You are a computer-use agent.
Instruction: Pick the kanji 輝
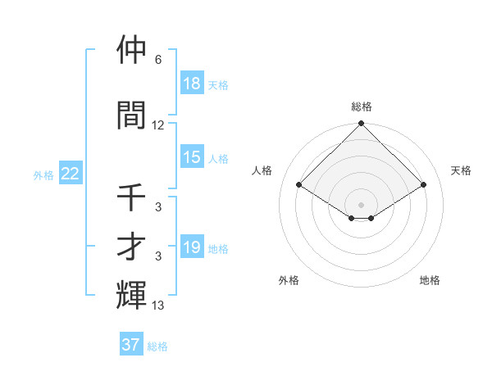coord(132,295)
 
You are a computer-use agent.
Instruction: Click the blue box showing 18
coord(192,84)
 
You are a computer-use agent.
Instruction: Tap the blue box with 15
coord(192,157)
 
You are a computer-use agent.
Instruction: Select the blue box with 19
coord(192,247)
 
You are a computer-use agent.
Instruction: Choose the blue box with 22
coord(71,174)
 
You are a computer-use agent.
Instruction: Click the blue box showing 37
coord(131,345)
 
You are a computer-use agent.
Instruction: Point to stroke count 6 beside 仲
coord(157,60)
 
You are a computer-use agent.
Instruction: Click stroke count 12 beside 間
coord(158,125)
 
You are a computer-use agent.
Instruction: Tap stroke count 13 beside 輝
coord(158,306)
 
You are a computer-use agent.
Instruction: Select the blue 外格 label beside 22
coord(43,174)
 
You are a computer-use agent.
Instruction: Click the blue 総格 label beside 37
coord(157,346)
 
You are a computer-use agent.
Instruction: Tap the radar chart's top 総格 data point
coord(361,124)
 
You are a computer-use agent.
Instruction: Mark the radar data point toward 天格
coord(424,185)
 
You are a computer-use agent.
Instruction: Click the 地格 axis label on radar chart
coord(430,280)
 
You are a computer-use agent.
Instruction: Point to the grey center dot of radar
coord(361,204)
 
